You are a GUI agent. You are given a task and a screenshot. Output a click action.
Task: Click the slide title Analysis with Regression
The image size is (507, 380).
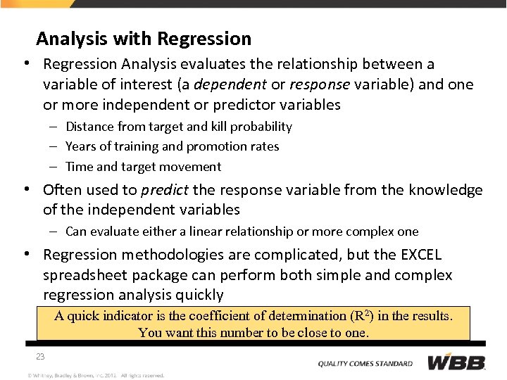[144, 38]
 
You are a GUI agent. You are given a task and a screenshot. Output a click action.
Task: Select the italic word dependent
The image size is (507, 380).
[234, 85]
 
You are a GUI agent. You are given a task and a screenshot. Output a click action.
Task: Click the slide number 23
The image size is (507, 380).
[40, 357]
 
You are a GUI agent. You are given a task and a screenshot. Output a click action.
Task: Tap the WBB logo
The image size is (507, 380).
[456, 363]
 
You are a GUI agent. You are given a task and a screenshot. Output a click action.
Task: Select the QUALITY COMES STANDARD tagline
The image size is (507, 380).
[365, 364]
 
